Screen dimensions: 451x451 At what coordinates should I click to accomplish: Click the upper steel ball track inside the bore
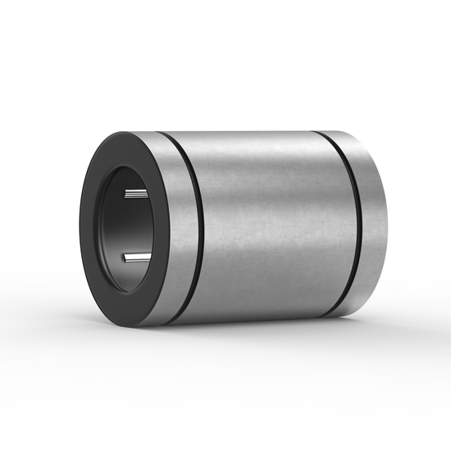(134, 194)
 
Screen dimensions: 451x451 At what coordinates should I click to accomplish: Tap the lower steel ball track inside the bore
(135, 257)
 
